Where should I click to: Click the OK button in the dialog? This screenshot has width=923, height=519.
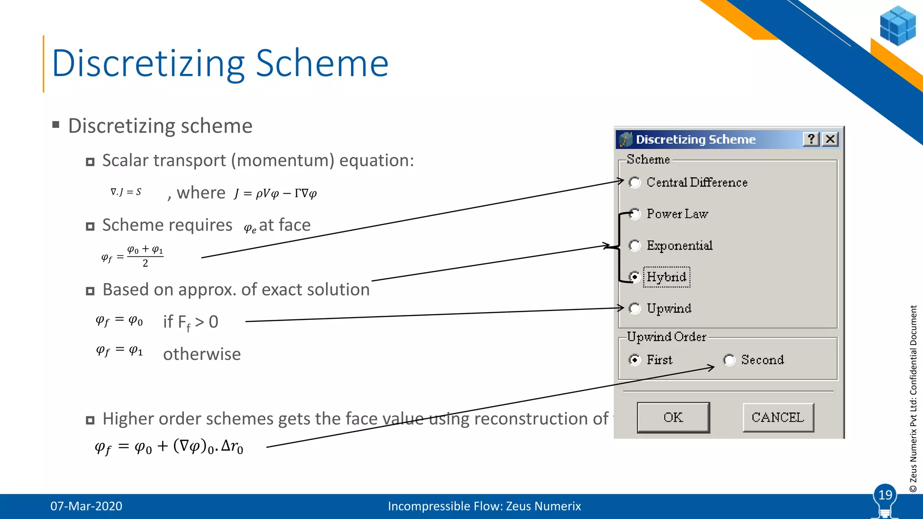tap(673, 418)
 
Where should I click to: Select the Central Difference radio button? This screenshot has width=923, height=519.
tap(635, 182)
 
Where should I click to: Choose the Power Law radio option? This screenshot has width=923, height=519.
tap(635, 214)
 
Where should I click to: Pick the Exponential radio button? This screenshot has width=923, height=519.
tap(635, 246)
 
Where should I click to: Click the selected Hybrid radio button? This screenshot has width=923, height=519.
tap(635, 277)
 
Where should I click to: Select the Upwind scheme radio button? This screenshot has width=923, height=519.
tap(635, 309)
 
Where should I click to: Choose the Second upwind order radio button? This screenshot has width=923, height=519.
tap(729, 360)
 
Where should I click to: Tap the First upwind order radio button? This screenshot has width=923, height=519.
tap(635, 360)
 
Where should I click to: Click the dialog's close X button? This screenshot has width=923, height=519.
tap(830, 139)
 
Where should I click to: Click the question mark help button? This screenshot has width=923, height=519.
tap(811, 139)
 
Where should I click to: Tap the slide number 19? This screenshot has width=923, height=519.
tap(885, 495)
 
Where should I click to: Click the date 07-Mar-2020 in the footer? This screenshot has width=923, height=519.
tap(86, 506)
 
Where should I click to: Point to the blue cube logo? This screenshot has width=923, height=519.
tap(897, 26)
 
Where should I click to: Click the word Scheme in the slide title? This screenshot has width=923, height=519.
tap(322, 64)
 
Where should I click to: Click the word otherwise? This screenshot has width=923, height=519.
tap(201, 354)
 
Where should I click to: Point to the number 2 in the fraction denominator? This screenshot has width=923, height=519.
tap(145, 264)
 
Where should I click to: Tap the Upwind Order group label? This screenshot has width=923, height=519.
tap(666, 337)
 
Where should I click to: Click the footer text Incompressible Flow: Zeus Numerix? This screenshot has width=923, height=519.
tap(484, 506)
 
